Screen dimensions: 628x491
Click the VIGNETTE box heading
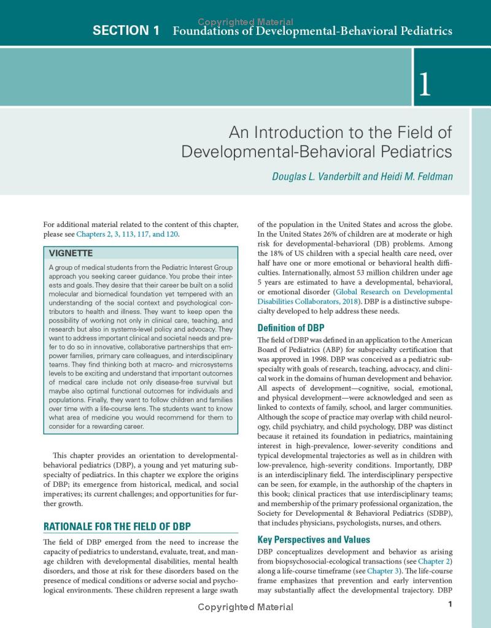coord(71,253)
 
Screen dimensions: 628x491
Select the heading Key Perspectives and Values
coord(314,540)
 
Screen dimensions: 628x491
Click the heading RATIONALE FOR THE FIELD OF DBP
coord(117,526)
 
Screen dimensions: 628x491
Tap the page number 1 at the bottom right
coord(450,605)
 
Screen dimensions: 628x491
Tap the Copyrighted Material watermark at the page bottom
coord(245,607)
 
